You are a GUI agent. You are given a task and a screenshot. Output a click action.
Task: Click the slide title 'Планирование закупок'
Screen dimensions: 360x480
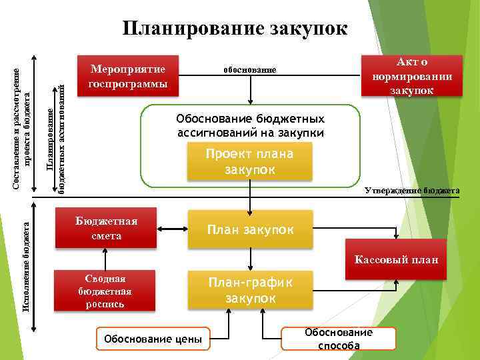point(235,29)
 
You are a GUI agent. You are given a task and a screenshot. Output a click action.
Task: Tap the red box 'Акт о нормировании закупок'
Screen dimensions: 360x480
point(411,76)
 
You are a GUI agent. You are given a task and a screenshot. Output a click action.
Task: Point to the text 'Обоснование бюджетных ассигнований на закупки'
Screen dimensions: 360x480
point(250,126)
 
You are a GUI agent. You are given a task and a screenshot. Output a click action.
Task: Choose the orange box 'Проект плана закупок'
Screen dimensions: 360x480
point(250,162)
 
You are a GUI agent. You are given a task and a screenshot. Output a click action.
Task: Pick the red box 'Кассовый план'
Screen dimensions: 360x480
point(396,259)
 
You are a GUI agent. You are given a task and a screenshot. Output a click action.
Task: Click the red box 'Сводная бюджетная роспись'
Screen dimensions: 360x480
point(105,291)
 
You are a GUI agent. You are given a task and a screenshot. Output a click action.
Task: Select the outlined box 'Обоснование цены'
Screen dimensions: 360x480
point(153,339)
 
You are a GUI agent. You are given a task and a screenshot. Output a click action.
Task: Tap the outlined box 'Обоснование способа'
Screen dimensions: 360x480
point(339,339)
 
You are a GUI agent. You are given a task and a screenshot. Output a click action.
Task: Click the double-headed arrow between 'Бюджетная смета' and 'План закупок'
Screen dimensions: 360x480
point(173,228)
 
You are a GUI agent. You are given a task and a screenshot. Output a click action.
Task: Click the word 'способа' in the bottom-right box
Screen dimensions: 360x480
point(339,345)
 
